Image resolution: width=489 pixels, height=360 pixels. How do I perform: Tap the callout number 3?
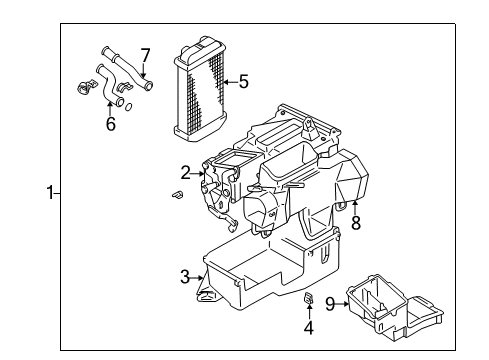185,275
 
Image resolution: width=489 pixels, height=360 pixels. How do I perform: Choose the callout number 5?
244,83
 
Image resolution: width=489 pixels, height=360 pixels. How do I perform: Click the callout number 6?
110,124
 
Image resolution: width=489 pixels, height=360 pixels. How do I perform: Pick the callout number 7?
145,54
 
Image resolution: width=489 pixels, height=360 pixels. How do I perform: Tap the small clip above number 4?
309,300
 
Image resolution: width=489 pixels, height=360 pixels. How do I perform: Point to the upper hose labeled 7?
125,68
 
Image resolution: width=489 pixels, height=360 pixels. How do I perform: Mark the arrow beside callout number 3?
198,275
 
